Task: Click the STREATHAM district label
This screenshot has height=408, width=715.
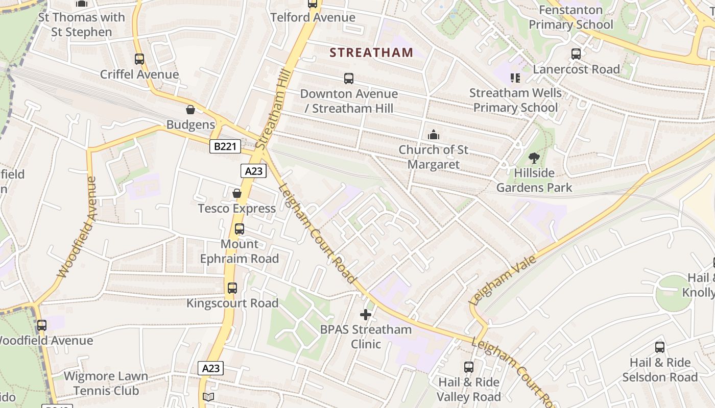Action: (x=371, y=53)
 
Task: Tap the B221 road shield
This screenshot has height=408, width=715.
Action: (x=225, y=147)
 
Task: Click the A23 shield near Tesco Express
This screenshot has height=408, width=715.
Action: (x=254, y=171)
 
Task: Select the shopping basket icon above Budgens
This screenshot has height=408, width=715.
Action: (x=190, y=110)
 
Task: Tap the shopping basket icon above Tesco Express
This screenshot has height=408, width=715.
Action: (x=237, y=193)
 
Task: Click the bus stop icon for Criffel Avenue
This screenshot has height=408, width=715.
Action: (x=139, y=59)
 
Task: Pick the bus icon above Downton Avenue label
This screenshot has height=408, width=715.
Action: (x=349, y=79)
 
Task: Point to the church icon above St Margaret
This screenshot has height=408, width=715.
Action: (x=434, y=135)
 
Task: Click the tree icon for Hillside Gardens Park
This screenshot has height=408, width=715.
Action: (x=534, y=158)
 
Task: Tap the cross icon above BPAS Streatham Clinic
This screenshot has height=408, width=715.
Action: (x=366, y=315)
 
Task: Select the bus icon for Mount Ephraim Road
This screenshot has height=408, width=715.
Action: (x=239, y=229)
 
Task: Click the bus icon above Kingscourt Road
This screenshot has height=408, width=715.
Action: (x=232, y=288)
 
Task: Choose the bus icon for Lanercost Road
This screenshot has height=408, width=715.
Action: (x=576, y=54)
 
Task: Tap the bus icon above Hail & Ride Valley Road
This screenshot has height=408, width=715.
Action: (x=469, y=367)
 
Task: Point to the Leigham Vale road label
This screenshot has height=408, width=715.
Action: (x=503, y=280)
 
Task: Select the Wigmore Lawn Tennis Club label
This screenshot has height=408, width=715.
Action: (x=106, y=384)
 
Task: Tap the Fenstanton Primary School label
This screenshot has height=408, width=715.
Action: (x=571, y=17)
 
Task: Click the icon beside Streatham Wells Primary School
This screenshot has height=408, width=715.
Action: (x=515, y=78)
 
